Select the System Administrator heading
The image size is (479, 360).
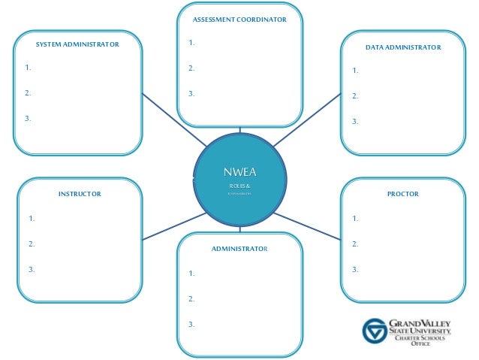77,45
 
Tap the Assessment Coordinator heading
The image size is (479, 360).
239,20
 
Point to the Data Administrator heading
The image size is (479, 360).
403,47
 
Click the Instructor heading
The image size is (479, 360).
80,194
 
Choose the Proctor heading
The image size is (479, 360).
402,194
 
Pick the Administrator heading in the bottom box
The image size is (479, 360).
239,248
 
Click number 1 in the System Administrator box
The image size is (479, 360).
28,68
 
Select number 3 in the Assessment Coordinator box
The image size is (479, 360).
191,94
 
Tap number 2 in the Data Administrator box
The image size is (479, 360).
355,96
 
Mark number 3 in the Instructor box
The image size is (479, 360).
32,269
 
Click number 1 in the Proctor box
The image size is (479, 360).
355,219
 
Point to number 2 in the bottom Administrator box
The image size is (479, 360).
191,299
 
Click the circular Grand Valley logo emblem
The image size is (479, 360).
375,330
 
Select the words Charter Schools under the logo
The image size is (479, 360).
420,338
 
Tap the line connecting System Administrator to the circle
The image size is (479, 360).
174,120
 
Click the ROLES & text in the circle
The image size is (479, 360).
239,185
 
